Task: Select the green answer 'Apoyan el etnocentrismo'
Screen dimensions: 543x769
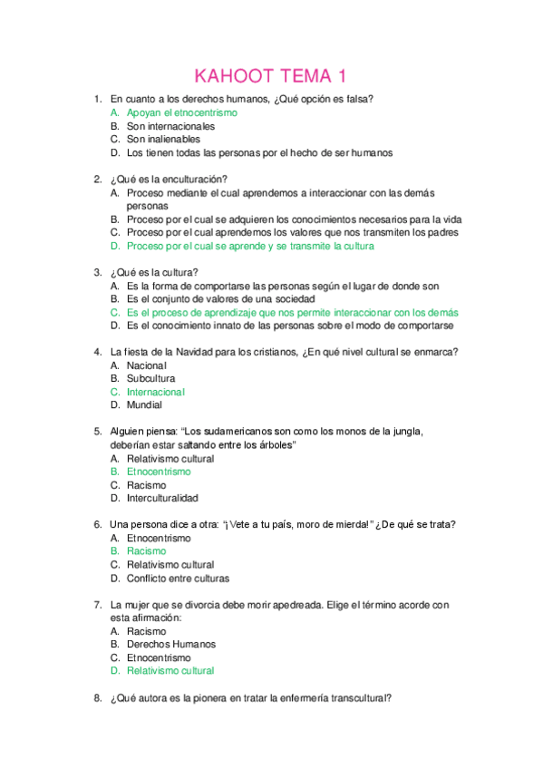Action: point(181,112)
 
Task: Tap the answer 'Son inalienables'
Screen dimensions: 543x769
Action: point(163,140)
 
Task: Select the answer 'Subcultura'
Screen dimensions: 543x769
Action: point(151,378)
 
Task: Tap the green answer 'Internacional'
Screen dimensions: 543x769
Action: point(156,392)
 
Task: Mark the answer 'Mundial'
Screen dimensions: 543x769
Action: point(145,405)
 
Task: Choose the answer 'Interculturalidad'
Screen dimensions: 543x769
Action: point(162,498)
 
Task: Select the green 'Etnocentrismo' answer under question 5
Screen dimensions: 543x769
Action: point(159,472)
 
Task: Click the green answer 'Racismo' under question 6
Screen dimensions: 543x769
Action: point(146,550)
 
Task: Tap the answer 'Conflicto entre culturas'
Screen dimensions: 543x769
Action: point(178,578)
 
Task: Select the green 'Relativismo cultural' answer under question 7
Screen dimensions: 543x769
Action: point(170,671)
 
